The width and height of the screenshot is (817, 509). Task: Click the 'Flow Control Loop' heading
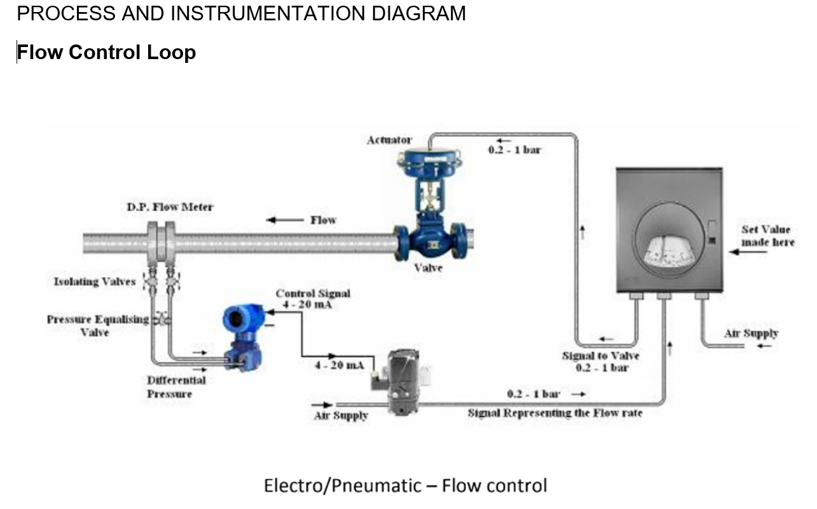[106, 52]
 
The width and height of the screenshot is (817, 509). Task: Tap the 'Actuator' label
[389, 140]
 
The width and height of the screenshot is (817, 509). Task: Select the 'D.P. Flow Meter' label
[170, 207]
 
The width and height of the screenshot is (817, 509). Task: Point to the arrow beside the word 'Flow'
[284, 221]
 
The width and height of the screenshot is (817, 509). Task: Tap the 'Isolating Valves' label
[95, 281]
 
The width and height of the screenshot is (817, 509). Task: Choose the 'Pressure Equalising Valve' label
[97, 325]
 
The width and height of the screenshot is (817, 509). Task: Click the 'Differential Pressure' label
[176, 386]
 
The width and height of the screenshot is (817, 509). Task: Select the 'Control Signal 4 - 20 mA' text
[312, 299]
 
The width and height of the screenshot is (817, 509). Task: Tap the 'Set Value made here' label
[767, 236]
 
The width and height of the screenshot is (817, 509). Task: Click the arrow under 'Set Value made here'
[748, 252]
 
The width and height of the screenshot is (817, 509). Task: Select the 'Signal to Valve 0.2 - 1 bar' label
[601, 362]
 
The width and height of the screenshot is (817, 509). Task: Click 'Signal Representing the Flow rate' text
[555, 413]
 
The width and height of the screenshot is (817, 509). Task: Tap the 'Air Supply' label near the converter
[341, 416]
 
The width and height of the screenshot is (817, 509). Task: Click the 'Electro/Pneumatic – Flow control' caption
[405, 486]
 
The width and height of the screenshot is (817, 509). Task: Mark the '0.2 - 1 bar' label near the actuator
[514, 151]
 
